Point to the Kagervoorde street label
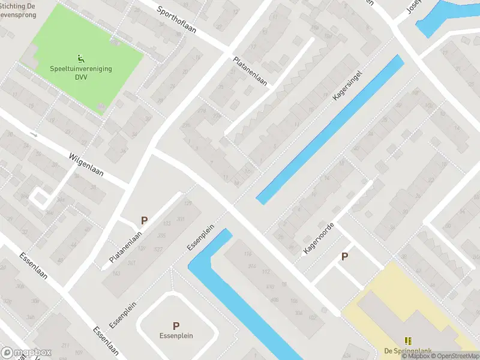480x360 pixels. tap(318, 238)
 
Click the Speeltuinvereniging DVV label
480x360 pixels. tap(80, 73)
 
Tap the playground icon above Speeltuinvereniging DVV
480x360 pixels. tap(80, 58)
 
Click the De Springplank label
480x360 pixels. tap(408, 351)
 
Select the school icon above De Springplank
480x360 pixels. tap(408, 340)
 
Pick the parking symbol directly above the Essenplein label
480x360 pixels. tap(176, 326)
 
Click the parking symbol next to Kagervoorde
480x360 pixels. tap(344, 256)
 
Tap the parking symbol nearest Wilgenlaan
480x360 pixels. tap(144, 221)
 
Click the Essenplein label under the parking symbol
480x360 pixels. tap(176, 336)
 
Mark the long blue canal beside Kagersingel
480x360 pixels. tap(330, 129)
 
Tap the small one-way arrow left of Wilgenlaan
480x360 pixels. tap(33, 134)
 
